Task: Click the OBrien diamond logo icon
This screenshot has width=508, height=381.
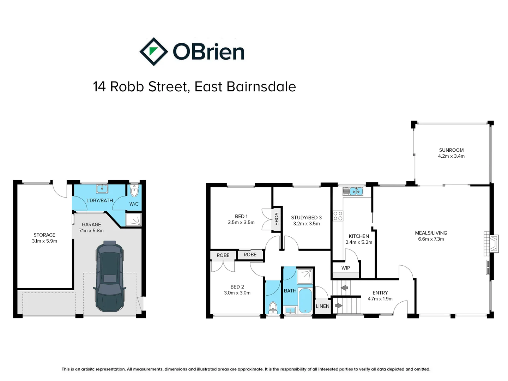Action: coord(153,52)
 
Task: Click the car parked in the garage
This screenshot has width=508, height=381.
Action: coord(110,276)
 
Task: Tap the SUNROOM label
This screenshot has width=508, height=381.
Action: coord(451,150)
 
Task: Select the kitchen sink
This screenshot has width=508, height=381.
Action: coord(353,192)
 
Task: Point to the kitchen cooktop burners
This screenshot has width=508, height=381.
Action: coord(338,216)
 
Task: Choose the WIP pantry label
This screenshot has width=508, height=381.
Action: coord(345,268)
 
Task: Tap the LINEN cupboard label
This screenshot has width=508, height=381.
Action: coord(322,306)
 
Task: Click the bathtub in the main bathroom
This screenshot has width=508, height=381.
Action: coord(305,301)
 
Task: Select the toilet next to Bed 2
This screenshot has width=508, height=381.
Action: coord(273,308)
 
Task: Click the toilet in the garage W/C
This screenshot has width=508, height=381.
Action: coord(134,191)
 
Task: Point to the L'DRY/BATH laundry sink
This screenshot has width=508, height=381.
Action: coord(102,189)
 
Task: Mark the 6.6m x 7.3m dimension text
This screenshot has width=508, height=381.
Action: coord(431,239)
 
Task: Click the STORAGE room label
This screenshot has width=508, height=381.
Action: coord(44,235)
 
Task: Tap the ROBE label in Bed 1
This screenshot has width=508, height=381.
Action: coord(276,219)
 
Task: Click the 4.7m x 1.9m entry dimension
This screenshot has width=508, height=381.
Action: coord(380,299)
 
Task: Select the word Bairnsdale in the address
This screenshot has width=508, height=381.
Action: coord(261,87)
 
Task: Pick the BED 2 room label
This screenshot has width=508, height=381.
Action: coord(237,287)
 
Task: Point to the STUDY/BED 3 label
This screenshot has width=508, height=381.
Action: coord(306,218)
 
